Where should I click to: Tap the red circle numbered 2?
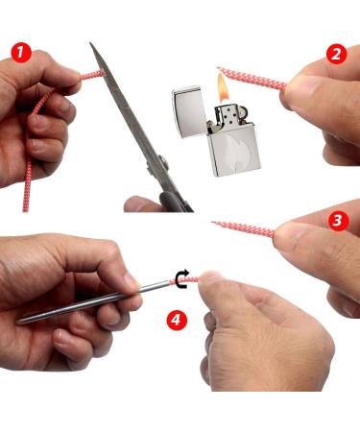336,54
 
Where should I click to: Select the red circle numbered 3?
337,222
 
